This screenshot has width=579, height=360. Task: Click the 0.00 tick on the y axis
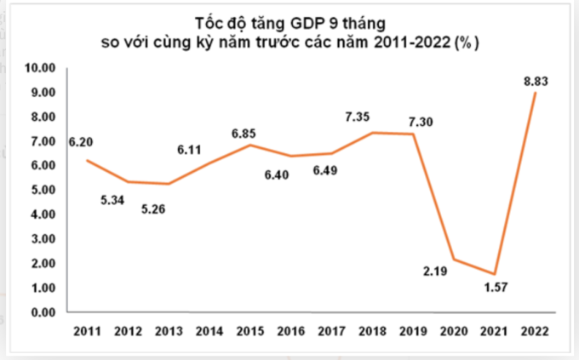pos(43,312)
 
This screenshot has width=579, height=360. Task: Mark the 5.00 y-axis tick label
pos(43,190)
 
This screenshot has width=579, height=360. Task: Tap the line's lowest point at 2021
pos(495,274)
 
